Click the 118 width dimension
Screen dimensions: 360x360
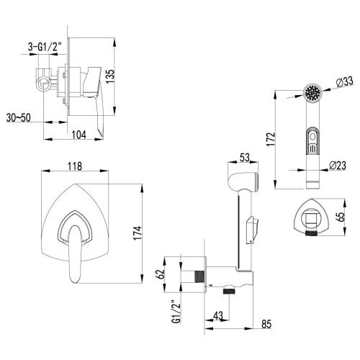click(x=73, y=165)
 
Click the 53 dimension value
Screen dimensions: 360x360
click(x=243, y=158)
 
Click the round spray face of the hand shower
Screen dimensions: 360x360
click(x=312, y=93)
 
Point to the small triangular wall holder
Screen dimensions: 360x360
click(x=311, y=214)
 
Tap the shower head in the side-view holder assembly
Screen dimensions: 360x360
click(x=241, y=179)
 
